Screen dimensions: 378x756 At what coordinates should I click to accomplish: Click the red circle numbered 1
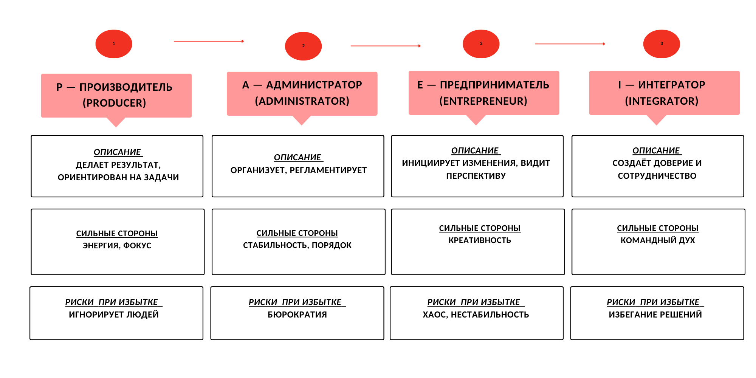(114, 44)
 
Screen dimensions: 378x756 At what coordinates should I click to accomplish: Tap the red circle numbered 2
(303, 46)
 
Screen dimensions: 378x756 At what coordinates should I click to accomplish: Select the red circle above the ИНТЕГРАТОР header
(661, 44)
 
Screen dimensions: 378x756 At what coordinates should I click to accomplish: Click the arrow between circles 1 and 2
(209, 41)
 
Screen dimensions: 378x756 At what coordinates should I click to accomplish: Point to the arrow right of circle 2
(386, 46)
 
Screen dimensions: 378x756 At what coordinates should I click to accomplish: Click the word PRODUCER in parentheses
(114, 103)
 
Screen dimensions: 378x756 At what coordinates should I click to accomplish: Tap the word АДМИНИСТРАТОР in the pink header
(314, 85)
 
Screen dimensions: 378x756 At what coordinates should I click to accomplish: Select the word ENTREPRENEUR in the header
(483, 101)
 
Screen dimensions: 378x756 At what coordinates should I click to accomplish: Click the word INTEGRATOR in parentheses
(661, 101)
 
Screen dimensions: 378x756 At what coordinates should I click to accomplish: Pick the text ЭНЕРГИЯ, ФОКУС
(117, 246)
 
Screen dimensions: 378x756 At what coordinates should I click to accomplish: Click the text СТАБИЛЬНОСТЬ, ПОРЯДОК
(297, 245)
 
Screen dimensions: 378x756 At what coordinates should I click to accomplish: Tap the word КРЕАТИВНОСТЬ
(480, 240)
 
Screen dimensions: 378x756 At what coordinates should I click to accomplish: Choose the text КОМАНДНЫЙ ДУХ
(658, 240)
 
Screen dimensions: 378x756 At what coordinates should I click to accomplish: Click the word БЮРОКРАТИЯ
(297, 314)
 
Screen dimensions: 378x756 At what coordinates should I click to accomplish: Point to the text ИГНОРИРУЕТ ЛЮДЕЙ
(114, 314)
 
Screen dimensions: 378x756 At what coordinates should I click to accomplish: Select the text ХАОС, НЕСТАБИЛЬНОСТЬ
(476, 314)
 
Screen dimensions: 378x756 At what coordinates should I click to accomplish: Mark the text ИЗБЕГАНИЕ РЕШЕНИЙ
(655, 314)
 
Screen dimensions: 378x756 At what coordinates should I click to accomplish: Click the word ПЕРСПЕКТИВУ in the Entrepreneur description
(476, 176)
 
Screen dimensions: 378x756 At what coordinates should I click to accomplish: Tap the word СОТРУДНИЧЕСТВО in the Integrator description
(657, 176)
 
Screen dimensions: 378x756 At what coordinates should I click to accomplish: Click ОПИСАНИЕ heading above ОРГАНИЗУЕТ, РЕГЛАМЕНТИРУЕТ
(297, 157)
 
